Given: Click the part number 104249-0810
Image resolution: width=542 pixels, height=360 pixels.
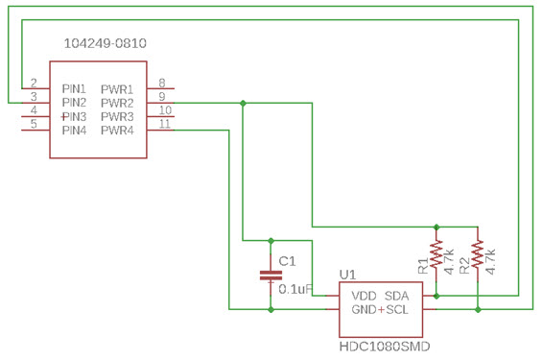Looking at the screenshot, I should [x=105, y=44].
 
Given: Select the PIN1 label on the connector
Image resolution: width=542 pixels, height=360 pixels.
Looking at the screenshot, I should [x=75, y=87].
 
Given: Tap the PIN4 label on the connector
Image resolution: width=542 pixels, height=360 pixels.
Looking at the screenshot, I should [x=75, y=131].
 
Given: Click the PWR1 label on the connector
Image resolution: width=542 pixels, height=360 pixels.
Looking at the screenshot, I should [x=117, y=87].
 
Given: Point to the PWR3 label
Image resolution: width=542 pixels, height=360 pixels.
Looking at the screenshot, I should [x=117, y=116].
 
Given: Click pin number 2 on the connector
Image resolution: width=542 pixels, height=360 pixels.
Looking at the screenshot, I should [x=34, y=83].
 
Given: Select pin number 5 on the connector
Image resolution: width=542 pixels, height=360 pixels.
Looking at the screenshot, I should [x=34, y=125].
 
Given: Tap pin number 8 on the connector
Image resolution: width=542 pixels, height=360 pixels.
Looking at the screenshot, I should [x=162, y=83].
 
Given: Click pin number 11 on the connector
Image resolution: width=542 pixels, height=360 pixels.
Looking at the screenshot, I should [x=164, y=125].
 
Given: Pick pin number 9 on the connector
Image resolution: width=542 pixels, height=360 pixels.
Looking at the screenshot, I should [x=162, y=96].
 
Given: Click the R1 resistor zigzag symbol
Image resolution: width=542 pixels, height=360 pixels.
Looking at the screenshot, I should [x=436, y=254].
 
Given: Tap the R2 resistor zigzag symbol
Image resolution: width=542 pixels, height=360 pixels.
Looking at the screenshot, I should [x=477, y=254].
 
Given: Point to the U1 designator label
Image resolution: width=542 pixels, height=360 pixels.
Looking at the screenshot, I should [x=348, y=275].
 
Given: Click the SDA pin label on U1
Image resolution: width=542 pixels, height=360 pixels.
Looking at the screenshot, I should [x=398, y=296].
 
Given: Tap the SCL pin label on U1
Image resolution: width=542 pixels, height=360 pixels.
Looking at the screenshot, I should [x=398, y=311].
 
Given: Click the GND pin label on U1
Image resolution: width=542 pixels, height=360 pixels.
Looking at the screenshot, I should [x=364, y=311].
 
